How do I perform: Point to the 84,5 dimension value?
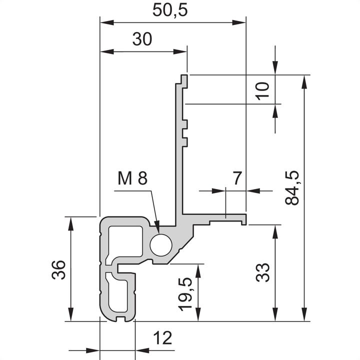(x=292, y=188)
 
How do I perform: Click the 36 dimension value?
(x=59, y=270)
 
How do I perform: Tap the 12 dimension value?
(x=161, y=338)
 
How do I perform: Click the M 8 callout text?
(x=133, y=178)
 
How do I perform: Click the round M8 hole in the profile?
(x=160, y=244)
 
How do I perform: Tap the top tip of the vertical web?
(x=183, y=78)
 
